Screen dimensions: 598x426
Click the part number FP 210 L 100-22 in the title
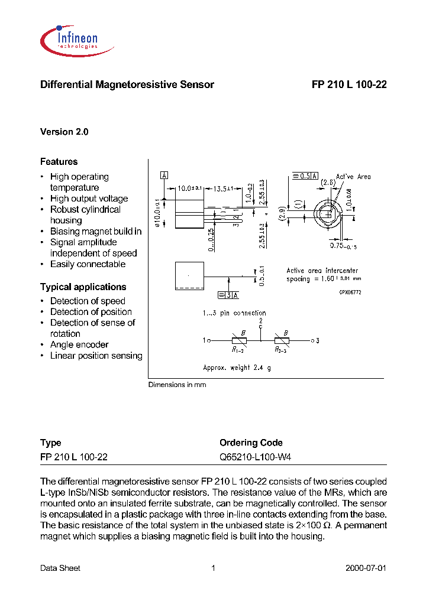[x=349, y=84]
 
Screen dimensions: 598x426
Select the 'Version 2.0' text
[x=64, y=132]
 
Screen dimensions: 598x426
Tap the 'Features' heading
[x=59, y=161]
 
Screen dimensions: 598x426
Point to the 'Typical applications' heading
[x=83, y=287]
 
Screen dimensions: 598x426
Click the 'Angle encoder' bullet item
[x=79, y=344]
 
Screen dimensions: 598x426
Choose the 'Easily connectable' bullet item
[x=88, y=264]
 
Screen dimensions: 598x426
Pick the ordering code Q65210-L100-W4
[x=255, y=457]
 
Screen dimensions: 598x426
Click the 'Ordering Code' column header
[x=251, y=443]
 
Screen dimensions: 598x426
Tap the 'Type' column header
[x=50, y=443]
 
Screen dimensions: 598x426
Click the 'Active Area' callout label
[x=353, y=177]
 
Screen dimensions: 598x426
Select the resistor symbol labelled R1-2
[x=239, y=340]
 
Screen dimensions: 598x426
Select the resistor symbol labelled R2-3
[x=281, y=340]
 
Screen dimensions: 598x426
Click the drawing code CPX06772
[x=350, y=292]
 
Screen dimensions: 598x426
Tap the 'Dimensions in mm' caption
[x=177, y=385]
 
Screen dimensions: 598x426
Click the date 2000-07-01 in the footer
[x=365, y=568]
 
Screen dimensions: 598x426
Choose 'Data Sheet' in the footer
[x=60, y=568]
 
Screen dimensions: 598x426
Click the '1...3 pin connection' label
[x=234, y=313]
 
